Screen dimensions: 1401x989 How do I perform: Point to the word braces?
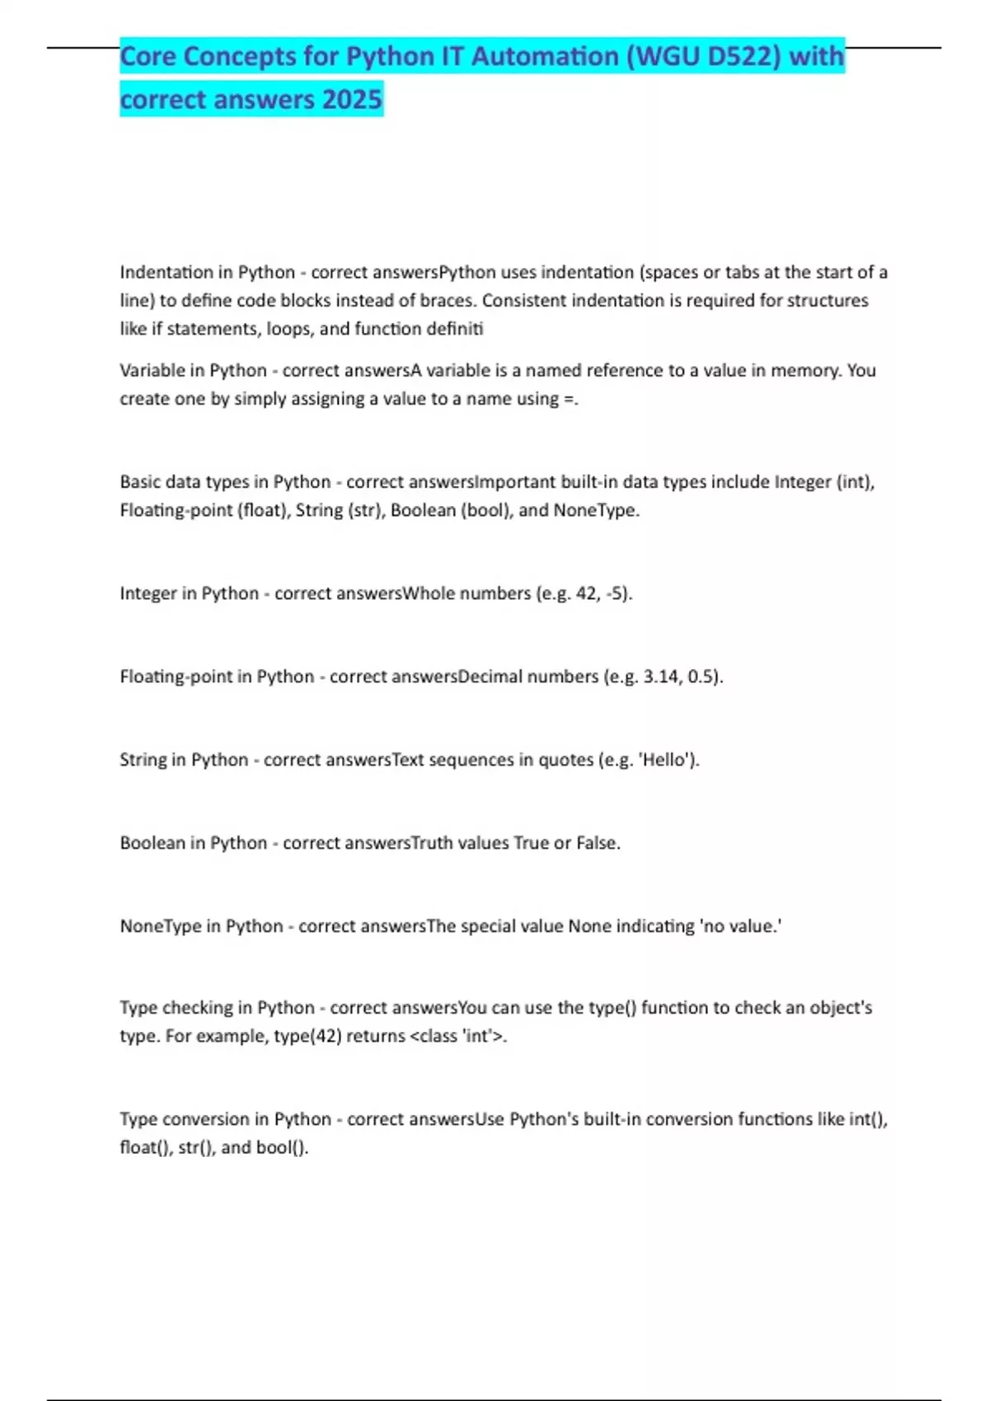pos(447,300)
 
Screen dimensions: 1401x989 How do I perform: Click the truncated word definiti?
pos(454,328)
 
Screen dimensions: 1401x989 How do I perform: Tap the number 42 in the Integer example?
pos(587,593)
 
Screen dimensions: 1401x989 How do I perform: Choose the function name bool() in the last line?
pos(282,1147)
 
